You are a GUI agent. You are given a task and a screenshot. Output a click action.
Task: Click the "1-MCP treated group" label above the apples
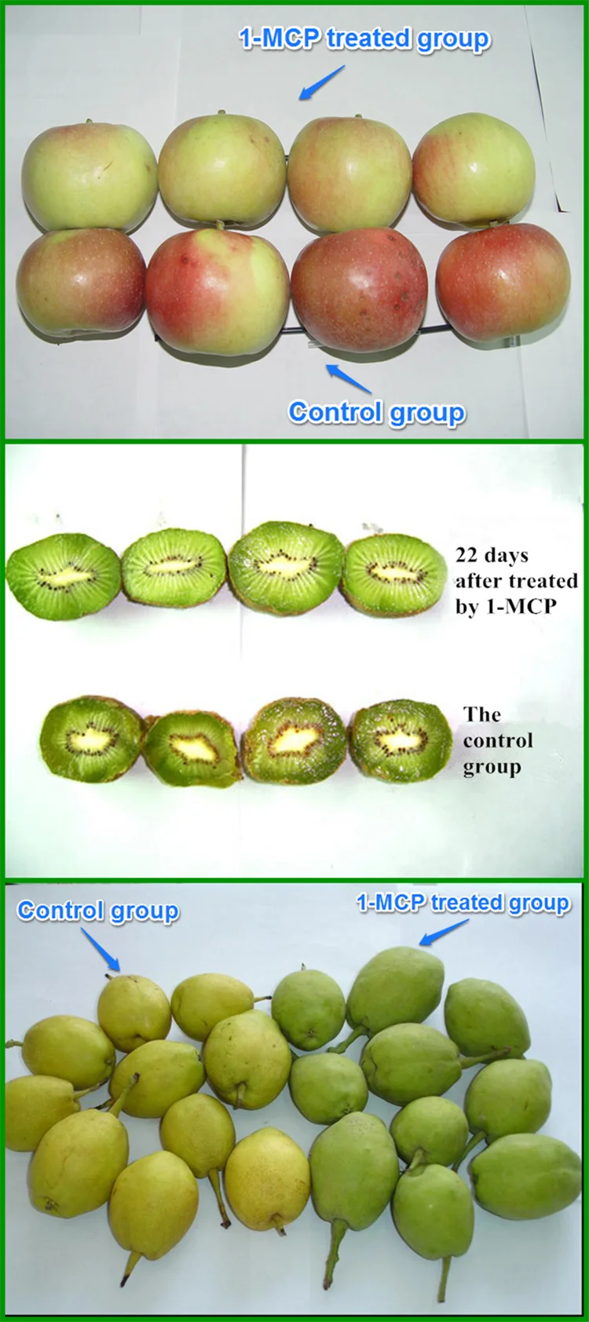coord(364,38)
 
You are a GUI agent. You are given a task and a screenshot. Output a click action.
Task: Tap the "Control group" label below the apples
coord(377,412)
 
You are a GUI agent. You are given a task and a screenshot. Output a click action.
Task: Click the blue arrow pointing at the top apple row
coord(322,82)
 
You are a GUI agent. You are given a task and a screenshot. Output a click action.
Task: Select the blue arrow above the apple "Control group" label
coord(349,378)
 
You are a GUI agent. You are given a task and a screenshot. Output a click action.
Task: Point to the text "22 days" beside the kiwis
coord(492,556)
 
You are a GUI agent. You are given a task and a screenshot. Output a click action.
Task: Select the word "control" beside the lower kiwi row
coord(498,740)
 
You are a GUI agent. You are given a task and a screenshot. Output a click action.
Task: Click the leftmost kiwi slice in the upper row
coord(63,576)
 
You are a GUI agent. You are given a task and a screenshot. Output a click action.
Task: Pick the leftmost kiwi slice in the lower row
coord(91,739)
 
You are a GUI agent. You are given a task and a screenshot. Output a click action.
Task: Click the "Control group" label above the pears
coord(98,911)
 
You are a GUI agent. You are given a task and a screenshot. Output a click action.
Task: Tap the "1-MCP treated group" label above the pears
coord(463,903)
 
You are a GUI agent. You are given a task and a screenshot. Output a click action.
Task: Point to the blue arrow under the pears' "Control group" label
coord(103,950)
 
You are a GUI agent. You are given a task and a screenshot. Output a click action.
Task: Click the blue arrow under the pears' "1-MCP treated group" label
coord(444,932)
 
